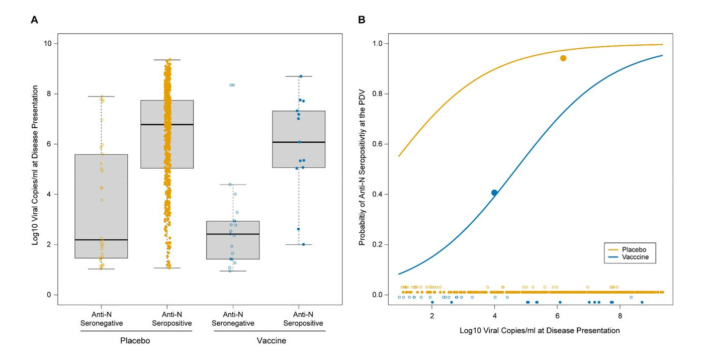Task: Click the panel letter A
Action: click(x=34, y=20)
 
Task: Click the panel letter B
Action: click(x=362, y=20)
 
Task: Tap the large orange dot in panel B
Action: click(x=563, y=58)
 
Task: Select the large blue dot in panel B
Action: click(x=494, y=193)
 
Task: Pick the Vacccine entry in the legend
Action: click(x=635, y=257)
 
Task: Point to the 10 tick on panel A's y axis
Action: click(x=48, y=44)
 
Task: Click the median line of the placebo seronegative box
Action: click(x=101, y=240)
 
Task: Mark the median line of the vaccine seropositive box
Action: click(x=299, y=142)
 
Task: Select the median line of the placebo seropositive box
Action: click(x=167, y=124)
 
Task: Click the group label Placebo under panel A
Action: click(x=135, y=341)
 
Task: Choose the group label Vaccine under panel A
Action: click(x=271, y=341)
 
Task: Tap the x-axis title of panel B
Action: click(x=540, y=330)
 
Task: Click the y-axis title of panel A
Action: click(x=35, y=165)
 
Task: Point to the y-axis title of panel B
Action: click(x=362, y=165)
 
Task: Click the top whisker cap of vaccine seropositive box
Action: click(x=299, y=76)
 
